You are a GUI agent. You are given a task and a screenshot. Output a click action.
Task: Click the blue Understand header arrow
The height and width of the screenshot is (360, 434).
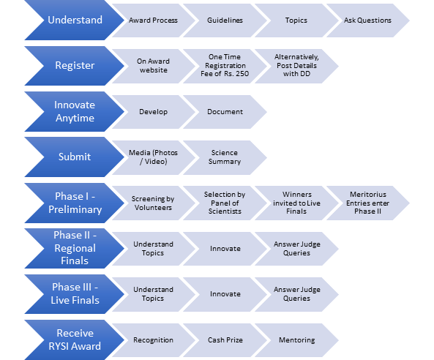pyautogui.click(x=75, y=20)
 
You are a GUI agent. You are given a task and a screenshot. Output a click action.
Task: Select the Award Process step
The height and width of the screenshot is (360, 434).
pyautogui.click(x=154, y=20)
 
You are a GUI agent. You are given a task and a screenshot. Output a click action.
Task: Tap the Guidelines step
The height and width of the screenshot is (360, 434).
pyautogui.click(x=225, y=20)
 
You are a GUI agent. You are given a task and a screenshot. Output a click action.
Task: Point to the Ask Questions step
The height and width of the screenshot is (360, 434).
pyautogui.click(x=368, y=20)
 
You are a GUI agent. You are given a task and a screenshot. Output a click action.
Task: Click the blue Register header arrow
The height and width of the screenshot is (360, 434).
pyautogui.click(x=75, y=66)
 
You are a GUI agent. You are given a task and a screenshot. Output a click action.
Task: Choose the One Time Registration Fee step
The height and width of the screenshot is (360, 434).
pyautogui.click(x=225, y=66)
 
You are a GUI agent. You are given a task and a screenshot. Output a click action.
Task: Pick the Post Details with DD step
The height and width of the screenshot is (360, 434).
pyautogui.click(x=296, y=66)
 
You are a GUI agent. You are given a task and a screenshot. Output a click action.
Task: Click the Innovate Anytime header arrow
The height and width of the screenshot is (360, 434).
pyautogui.click(x=75, y=111)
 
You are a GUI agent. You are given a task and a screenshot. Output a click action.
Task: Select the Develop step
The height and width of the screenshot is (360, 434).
pyautogui.click(x=154, y=112)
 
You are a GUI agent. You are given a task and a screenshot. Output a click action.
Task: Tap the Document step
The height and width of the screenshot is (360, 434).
pyautogui.click(x=225, y=112)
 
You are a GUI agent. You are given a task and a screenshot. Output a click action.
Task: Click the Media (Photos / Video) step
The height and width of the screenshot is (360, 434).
pyautogui.click(x=154, y=157)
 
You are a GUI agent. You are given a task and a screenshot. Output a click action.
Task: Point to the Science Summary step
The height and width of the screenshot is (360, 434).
pyautogui.click(x=225, y=157)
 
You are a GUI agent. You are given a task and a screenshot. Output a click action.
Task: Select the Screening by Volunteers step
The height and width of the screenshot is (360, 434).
pyautogui.click(x=154, y=203)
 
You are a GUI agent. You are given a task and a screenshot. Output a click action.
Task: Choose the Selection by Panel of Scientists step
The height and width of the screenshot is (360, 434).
pyautogui.click(x=225, y=203)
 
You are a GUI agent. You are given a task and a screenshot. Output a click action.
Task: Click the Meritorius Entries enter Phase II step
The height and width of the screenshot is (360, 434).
pyautogui.click(x=368, y=203)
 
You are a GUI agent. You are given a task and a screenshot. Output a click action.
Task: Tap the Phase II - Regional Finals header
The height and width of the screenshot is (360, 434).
pyautogui.click(x=75, y=248)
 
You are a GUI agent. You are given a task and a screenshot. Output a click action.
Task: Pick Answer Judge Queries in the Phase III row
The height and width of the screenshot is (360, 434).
pyautogui.click(x=296, y=294)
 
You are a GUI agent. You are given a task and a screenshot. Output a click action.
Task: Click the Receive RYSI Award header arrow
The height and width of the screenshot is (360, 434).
pyautogui.click(x=75, y=340)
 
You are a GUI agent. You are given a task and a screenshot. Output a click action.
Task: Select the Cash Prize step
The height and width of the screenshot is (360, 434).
pyautogui.click(x=225, y=340)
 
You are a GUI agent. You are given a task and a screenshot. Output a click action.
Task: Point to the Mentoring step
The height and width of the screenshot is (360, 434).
pyautogui.click(x=296, y=340)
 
